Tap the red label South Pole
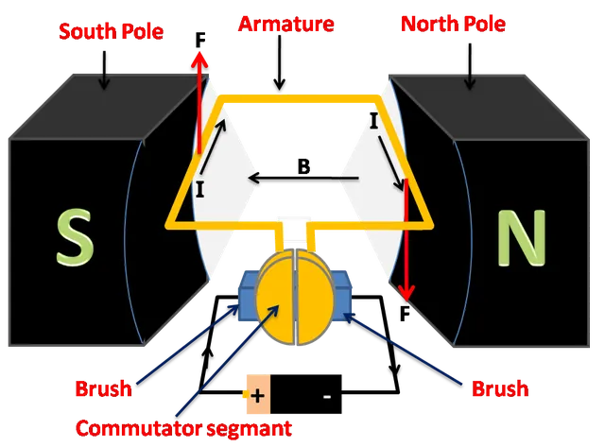(x=111, y=32)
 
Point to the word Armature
(x=286, y=24)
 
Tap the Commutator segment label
(x=185, y=427)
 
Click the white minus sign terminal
(x=326, y=397)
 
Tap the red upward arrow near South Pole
(x=199, y=104)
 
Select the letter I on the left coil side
(x=199, y=189)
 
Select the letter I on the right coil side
(x=374, y=121)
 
